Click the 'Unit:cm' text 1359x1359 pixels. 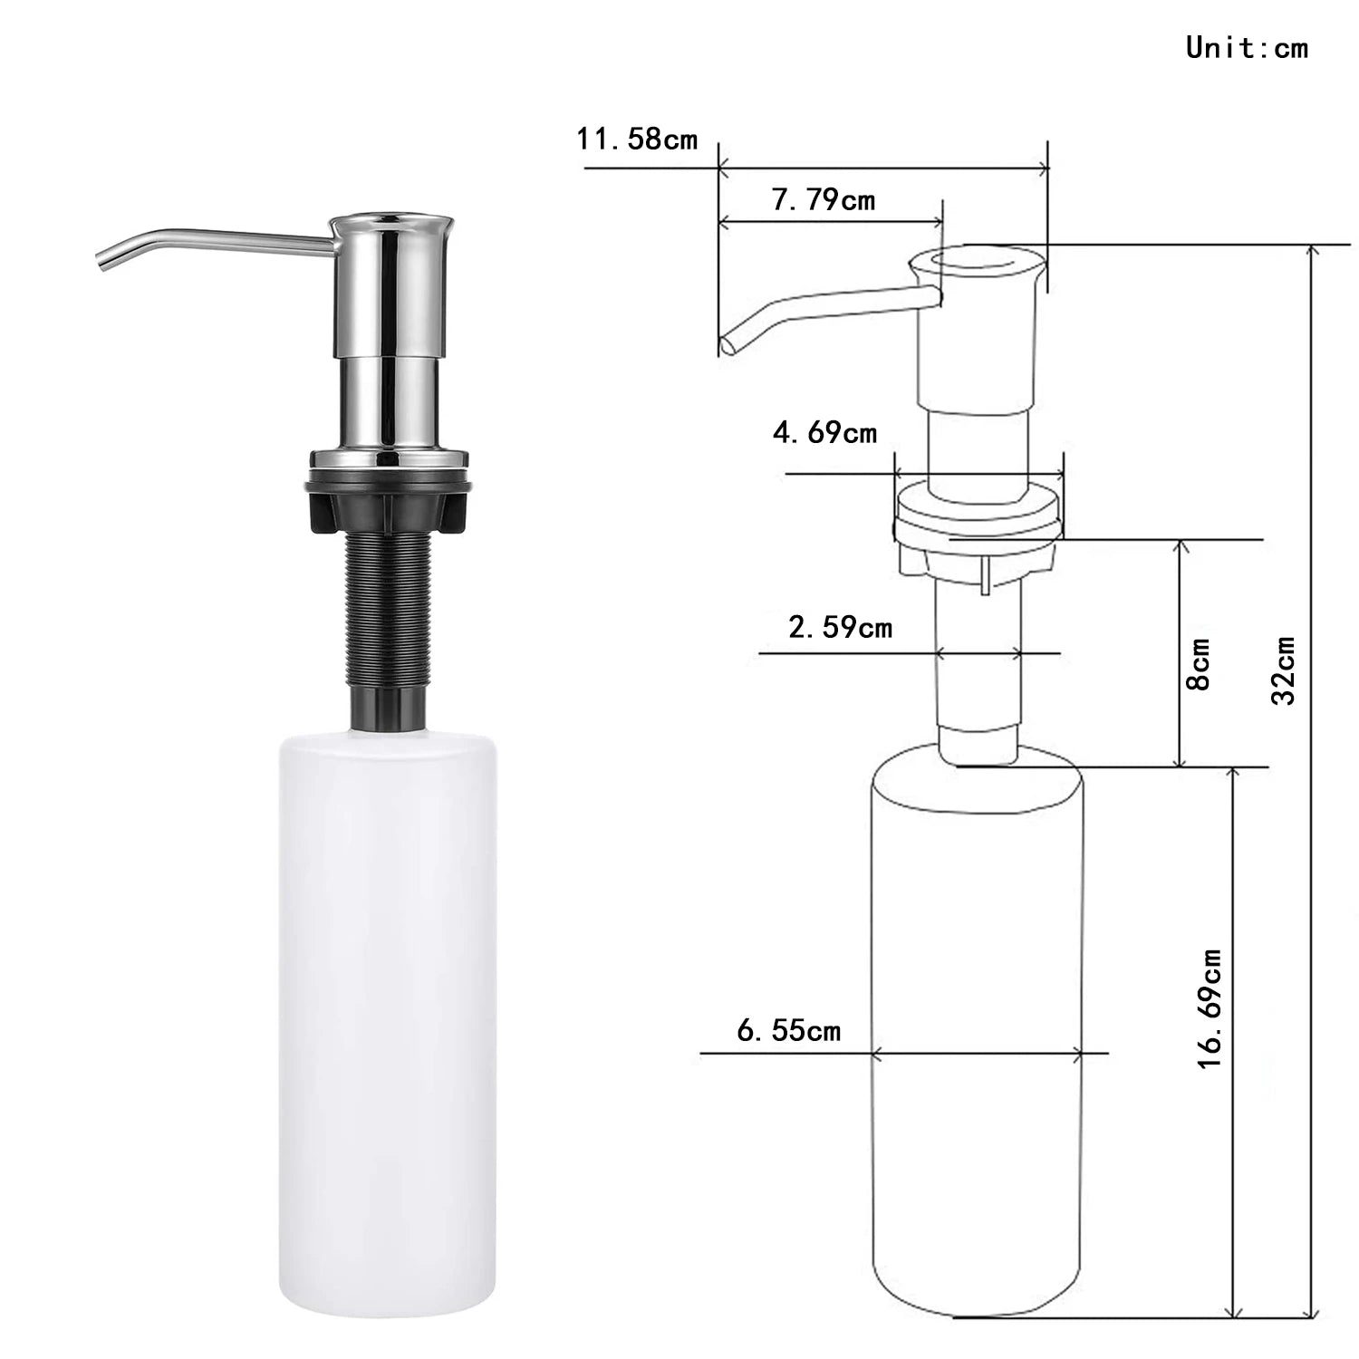click(x=1247, y=47)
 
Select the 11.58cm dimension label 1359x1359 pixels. click(x=637, y=139)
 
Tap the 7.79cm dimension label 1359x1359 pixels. click(x=823, y=199)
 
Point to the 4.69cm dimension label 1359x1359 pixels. click(x=824, y=432)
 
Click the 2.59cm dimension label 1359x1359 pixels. click(x=839, y=627)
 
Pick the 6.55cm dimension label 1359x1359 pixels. click(x=788, y=1030)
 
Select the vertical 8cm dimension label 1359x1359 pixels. click(x=1198, y=664)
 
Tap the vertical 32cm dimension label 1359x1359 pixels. click(x=1283, y=670)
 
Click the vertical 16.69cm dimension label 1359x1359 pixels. click(x=1210, y=1008)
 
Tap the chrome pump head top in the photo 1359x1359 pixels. click(x=390, y=220)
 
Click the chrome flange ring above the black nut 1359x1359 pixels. click(x=390, y=459)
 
